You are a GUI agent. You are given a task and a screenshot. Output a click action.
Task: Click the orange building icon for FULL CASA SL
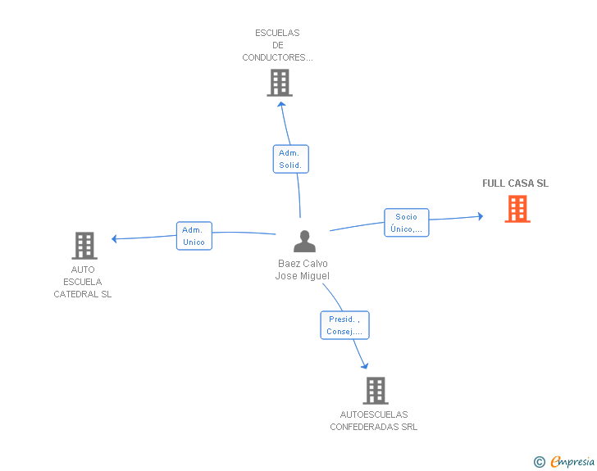click(517, 209)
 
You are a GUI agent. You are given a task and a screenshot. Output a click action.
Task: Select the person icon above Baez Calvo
click(304, 241)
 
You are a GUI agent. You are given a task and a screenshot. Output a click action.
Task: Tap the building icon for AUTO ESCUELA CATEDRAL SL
click(84, 246)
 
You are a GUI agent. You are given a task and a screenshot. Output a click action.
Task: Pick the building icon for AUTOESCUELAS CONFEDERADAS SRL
click(376, 391)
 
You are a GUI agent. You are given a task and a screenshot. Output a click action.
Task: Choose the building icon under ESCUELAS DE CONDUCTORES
click(280, 83)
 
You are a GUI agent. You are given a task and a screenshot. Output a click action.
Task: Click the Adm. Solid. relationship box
click(291, 159)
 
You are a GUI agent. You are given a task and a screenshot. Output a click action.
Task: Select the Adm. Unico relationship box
click(194, 236)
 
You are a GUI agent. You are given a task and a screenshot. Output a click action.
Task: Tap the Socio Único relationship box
click(407, 223)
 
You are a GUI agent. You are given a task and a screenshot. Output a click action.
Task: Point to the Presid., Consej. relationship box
click(345, 325)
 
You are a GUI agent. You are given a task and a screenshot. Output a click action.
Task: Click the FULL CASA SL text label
click(516, 183)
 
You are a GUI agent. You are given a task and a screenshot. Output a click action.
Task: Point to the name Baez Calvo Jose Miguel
click(303, 269)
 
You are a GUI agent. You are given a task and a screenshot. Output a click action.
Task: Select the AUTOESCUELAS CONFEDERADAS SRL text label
click(374, 421)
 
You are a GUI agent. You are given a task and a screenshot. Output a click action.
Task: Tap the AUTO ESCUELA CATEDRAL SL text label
click(83, 282)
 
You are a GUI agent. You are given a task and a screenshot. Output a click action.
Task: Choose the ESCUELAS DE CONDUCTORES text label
click(277, 45)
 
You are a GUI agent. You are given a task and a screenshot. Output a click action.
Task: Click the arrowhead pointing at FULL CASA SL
click(481, 216)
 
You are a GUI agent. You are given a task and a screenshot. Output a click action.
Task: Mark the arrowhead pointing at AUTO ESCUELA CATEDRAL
click(114, 238)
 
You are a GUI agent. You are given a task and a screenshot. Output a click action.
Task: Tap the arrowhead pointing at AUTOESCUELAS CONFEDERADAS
click(365, 366)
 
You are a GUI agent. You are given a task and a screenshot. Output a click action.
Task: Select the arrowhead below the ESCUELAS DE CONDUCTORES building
click(281, 104)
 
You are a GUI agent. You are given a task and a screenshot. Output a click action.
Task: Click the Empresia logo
click(572, 461)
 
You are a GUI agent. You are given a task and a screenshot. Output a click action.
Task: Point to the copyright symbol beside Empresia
click(540, 462)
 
